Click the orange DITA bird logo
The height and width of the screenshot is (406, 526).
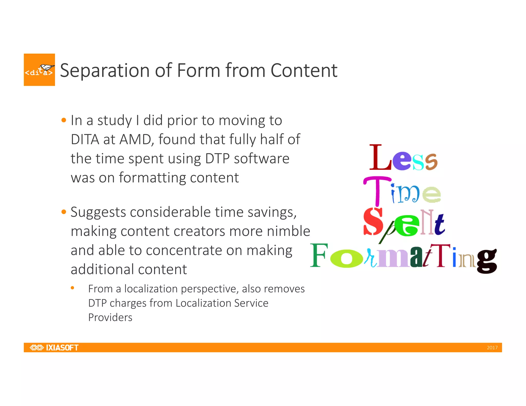tap(39, 70)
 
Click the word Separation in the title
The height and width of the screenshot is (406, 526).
tap(105, 70)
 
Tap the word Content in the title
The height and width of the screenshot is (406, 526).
tap(304, 70)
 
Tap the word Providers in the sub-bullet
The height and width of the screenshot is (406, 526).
tap(110, 317)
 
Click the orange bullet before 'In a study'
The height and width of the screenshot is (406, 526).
tap(64, 120)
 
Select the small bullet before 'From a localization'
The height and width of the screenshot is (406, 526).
tap(72, 288)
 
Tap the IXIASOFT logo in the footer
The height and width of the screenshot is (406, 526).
tap(54, 347)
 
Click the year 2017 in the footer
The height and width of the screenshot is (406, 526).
tap(492, 348)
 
